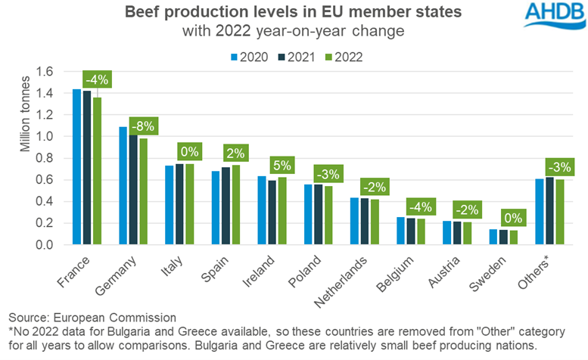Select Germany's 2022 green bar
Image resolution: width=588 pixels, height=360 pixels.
click(143, 191)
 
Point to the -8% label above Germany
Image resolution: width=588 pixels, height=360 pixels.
click(144, 126)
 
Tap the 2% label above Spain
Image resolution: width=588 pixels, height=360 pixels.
click(232, 152)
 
